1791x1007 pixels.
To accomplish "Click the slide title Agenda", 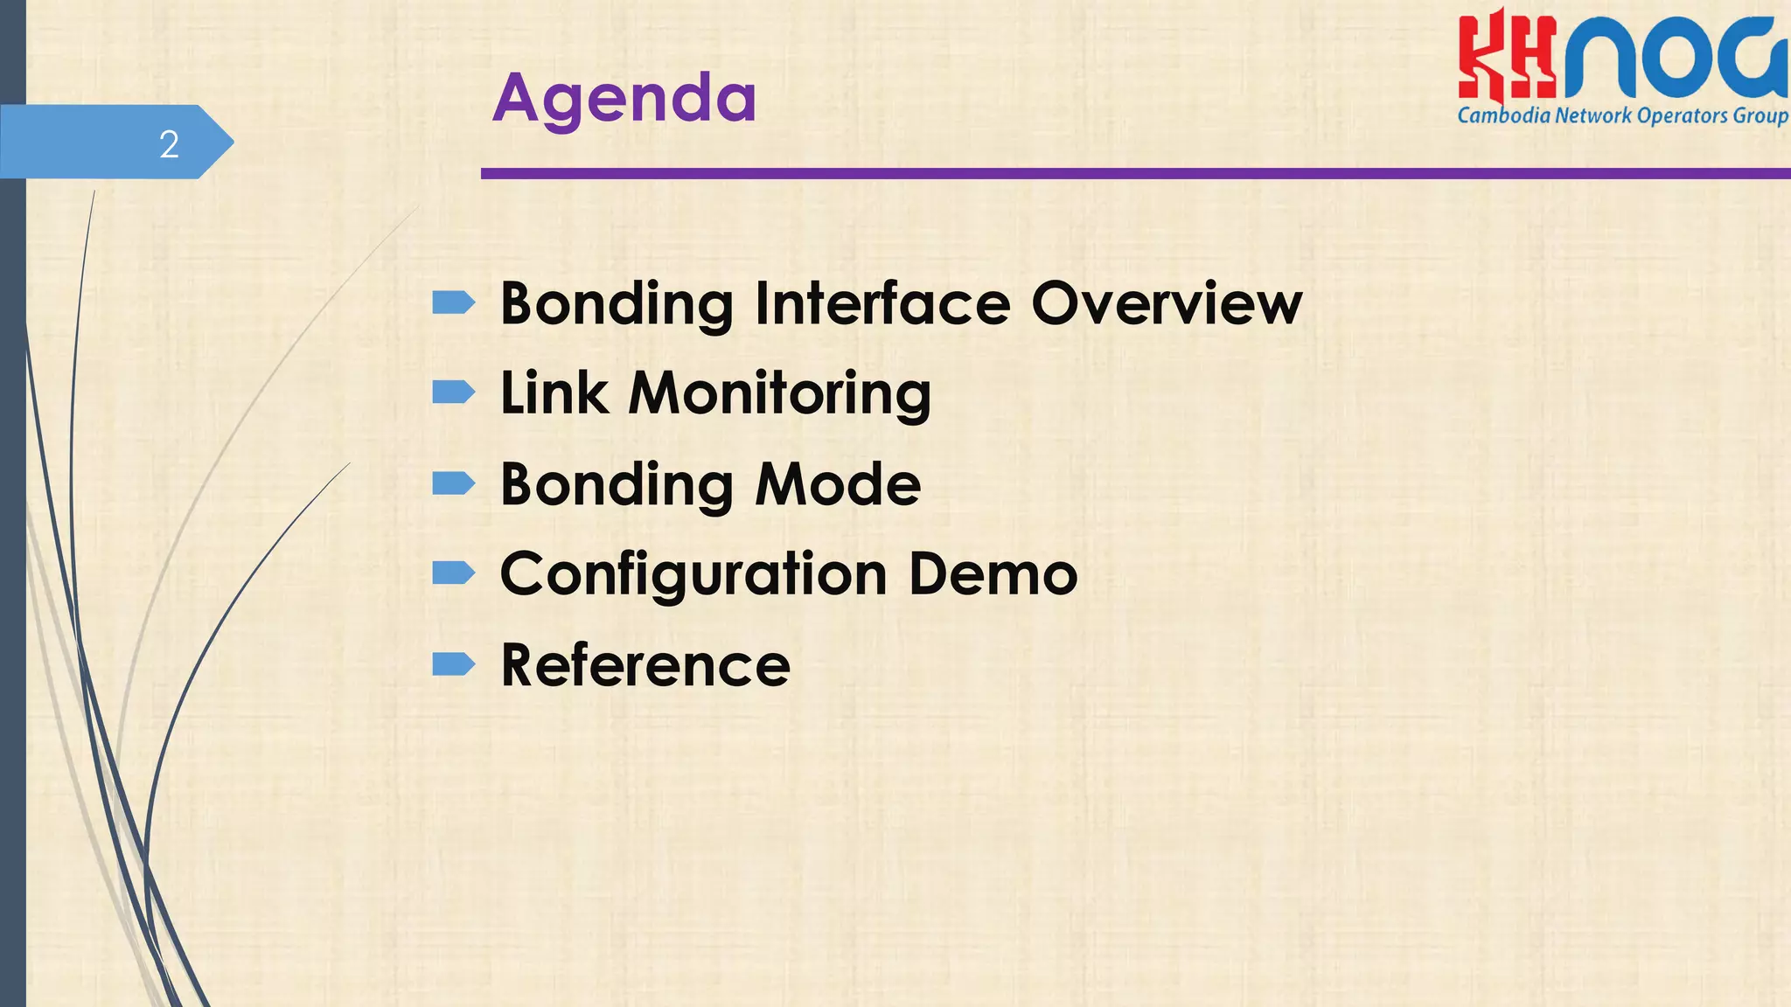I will [x=624, y=98].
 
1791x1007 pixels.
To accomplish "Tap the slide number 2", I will [x=169, y=144].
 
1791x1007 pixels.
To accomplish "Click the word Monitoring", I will [x=779, y=395].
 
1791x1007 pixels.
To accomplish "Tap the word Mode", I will [x=838, y=484].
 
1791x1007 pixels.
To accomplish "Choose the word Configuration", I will [x=693, y=575].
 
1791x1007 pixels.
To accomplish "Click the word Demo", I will [x=993, y=574].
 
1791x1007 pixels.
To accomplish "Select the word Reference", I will [x=645, y=665].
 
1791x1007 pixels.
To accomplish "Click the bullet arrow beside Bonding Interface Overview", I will [x=453, y=303].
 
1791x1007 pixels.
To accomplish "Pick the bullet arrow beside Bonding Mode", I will [x=453, y=483].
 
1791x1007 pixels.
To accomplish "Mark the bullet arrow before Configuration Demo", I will [x=453, y=573].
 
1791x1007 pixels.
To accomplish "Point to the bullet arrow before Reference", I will [x=453, y=665].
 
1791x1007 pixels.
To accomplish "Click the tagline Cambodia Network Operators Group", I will [x=1622, y=116].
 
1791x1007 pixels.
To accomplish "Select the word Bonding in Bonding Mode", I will [x=616, y=486].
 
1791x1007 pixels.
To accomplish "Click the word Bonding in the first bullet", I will [x=616, y=305].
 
